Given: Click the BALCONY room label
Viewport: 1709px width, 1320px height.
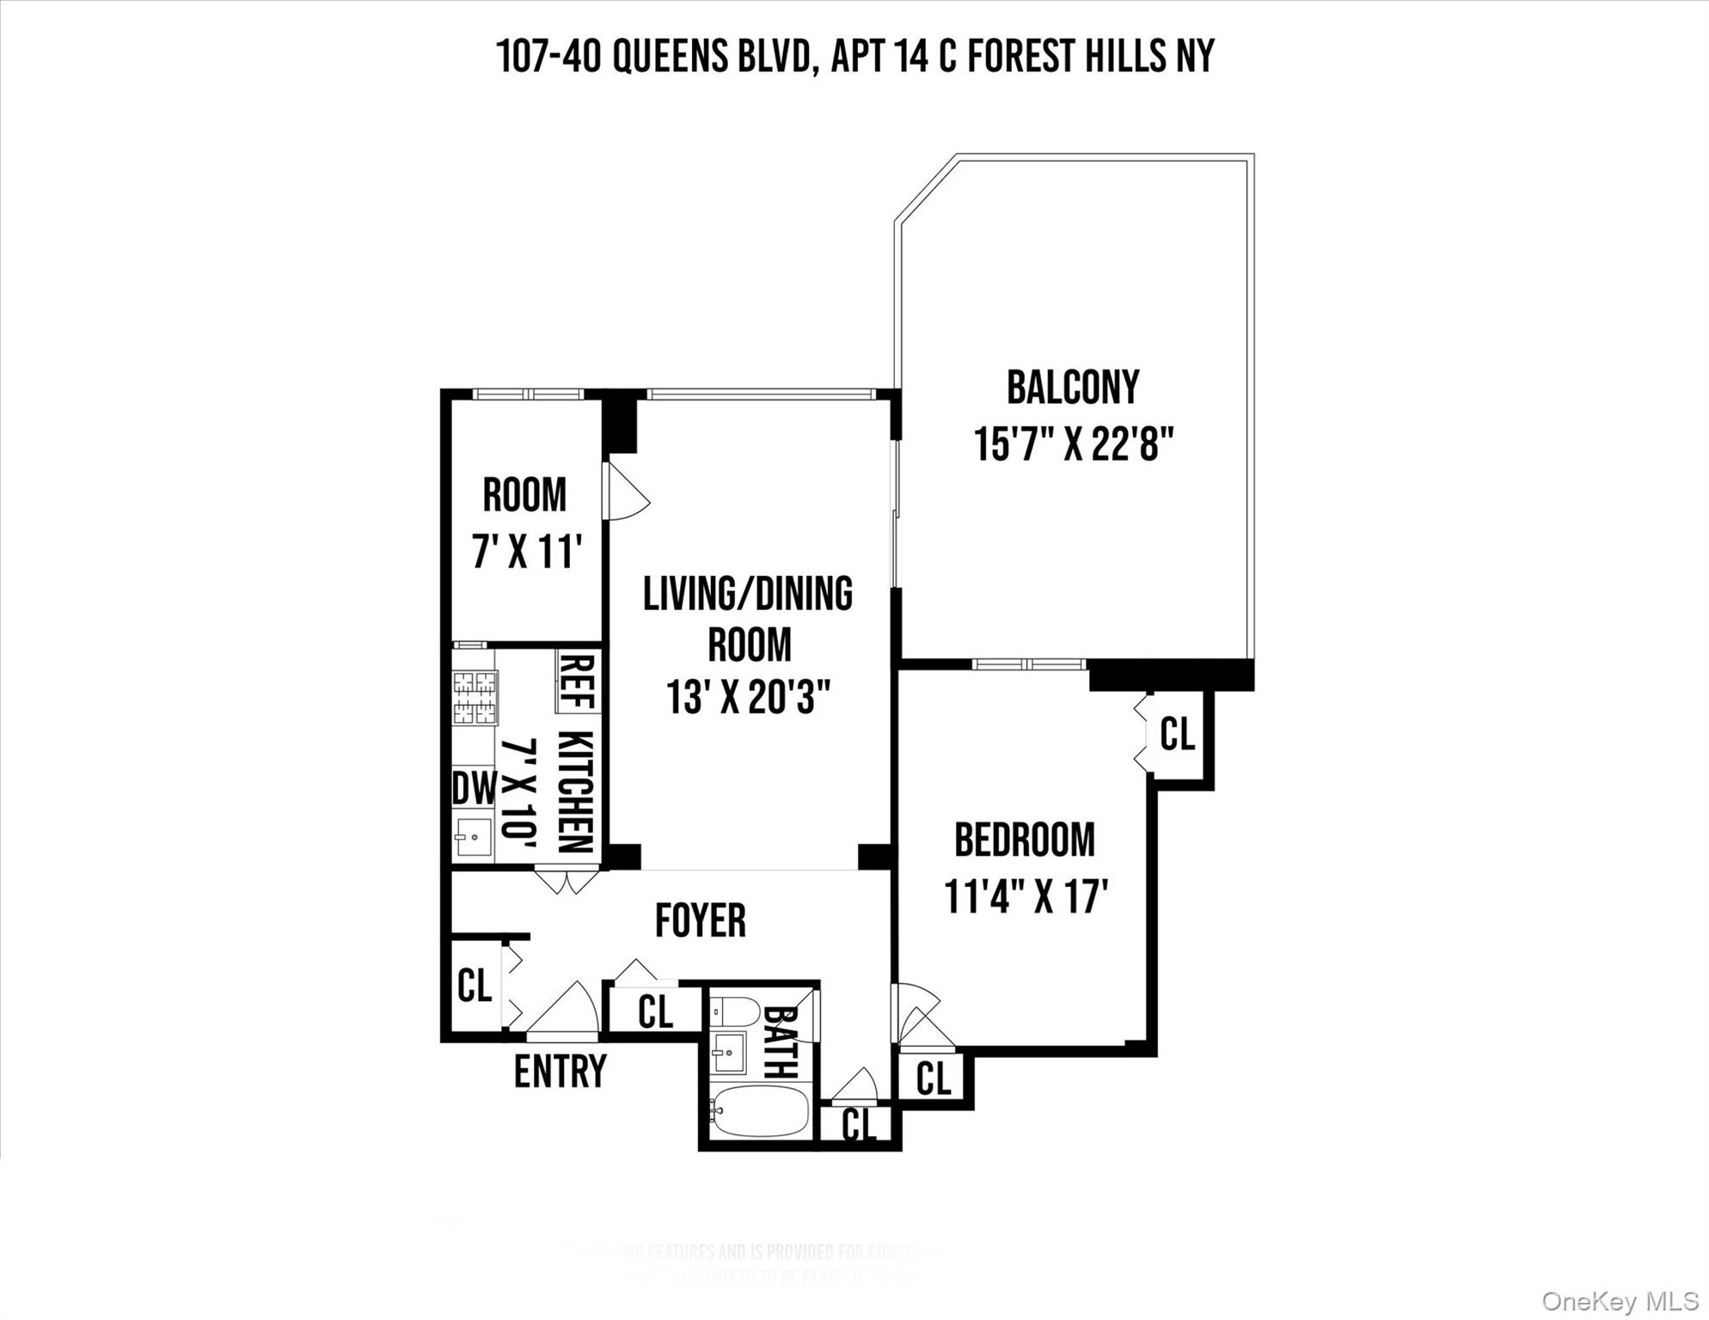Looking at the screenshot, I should click(x=1072, y=388).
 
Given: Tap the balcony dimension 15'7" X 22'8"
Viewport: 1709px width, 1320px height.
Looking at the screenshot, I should click(x=1073, y=445).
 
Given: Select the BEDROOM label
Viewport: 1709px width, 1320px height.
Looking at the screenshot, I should click(x=1025, y=840).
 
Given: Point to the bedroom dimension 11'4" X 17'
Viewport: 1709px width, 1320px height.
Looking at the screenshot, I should click(x=1026, y=896).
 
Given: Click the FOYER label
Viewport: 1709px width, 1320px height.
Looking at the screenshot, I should click(x=700, y=920).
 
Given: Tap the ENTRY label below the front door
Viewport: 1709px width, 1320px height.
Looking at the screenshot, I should click(x=560, y=1072).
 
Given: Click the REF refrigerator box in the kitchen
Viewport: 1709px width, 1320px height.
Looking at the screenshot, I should click(x=577, y=681).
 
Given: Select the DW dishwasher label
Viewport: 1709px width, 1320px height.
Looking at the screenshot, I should click(x=474, y=787).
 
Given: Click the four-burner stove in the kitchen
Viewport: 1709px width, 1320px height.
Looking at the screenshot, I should click(x=475, y=697).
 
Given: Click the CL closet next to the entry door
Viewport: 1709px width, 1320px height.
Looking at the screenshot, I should click(x=474, y=985).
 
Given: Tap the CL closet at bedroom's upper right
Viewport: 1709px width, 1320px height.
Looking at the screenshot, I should click(x=1177, y=735).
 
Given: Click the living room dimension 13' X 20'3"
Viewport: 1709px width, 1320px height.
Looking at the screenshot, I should click(x=748, y=697).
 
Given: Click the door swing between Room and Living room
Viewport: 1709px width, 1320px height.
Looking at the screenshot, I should click(x=626, y=492).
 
